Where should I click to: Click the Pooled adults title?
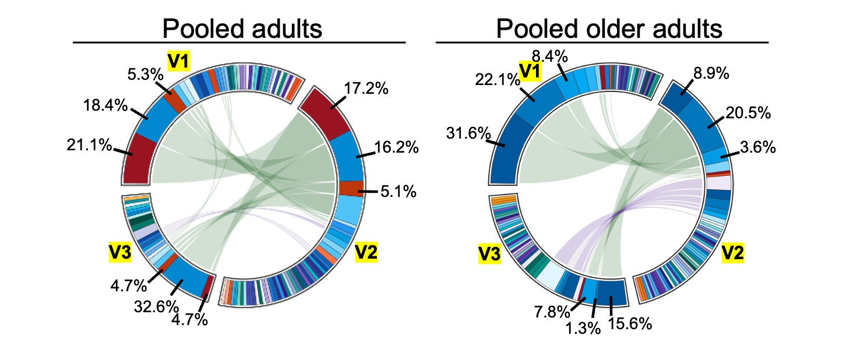coord(242,29)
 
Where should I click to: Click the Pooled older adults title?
coord(609,29)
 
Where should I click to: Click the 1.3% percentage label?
coord(583,328)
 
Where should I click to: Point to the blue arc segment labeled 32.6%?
coord(187,281)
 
